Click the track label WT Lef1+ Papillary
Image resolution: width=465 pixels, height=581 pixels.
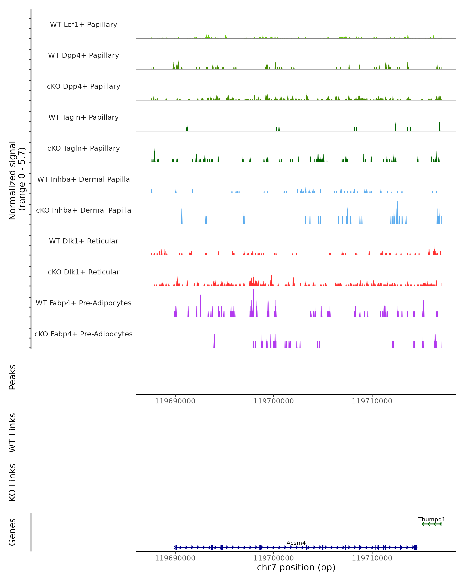coord(84,25)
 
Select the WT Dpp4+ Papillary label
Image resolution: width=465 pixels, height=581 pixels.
coord(84,56)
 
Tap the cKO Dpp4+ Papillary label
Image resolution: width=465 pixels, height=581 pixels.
coord(84,87)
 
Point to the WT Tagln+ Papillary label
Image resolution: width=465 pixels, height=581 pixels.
coord(84,118)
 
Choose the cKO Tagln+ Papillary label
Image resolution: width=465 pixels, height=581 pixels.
coord(84,149)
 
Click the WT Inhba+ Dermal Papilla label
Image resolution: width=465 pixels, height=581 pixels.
coord(84,180)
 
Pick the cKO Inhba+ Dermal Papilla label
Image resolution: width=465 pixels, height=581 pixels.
coord(84,211)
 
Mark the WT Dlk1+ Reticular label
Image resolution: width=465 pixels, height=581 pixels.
coord(84,241)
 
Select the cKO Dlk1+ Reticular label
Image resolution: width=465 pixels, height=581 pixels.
coord(84,272)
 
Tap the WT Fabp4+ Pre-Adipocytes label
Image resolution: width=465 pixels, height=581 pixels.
coord(84,303)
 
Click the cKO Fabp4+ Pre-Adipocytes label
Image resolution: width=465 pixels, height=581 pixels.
coord(84,334)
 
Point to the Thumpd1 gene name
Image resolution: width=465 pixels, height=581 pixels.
coord(431,520)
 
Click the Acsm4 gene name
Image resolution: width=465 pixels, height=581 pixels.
coord(296,543)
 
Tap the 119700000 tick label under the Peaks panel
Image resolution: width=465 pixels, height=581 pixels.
coord(273,401)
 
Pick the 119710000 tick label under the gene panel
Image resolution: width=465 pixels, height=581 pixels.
coord(372,558)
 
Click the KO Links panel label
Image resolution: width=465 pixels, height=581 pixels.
coord(12,482)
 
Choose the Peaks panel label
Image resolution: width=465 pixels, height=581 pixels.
coord(12,377)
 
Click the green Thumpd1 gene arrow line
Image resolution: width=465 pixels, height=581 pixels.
coord(431,524)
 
